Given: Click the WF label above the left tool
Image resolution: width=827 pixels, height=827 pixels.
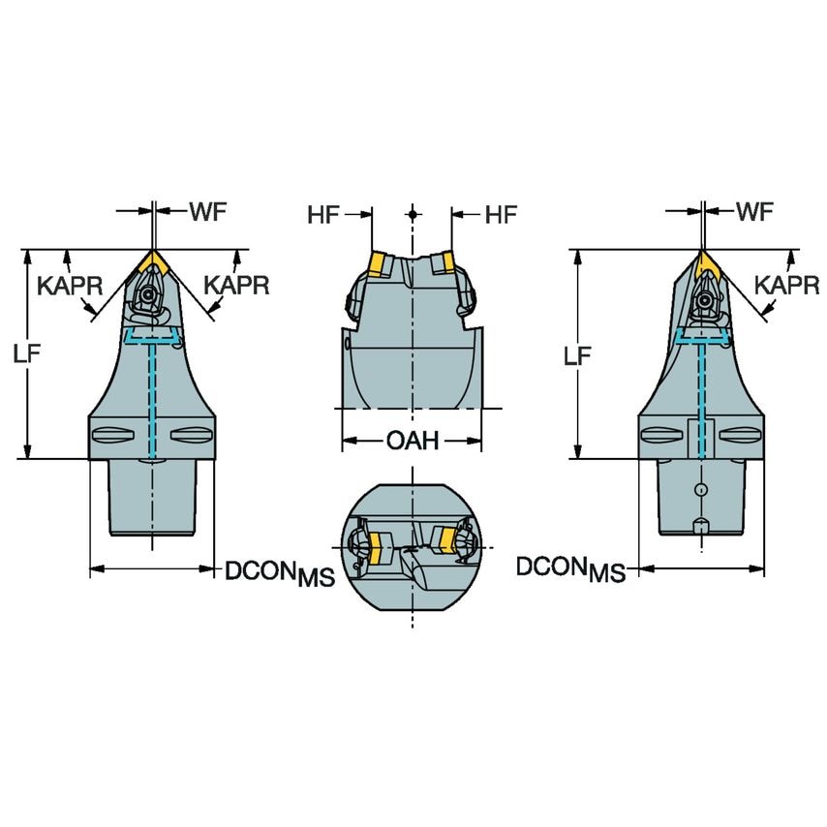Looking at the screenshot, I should click(208, 212).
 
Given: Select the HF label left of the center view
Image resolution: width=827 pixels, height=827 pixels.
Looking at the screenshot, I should click(325, 215).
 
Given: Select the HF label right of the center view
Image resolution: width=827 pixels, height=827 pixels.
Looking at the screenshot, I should click(500, 215).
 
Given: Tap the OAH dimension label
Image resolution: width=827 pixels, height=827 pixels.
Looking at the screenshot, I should click(413, 442).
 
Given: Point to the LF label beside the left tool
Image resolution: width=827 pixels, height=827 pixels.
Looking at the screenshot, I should click(27, 354).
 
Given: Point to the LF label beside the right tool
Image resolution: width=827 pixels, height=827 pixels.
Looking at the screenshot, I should click(577, 355).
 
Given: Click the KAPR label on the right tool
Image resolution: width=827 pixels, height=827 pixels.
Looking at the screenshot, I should click(782, 285).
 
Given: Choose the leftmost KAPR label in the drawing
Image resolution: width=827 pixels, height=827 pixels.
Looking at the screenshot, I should click(65, 285).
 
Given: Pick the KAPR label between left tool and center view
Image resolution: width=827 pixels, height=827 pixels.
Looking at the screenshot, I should click(235, 285).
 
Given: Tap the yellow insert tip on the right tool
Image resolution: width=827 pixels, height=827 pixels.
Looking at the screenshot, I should click(703, 262).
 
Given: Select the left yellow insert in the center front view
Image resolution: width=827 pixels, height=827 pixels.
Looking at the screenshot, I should click(377, 262).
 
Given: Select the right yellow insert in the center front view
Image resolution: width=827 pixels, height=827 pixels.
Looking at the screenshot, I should click(445, 262).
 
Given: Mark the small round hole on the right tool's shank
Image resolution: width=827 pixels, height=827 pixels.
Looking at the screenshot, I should click(701, 490).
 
